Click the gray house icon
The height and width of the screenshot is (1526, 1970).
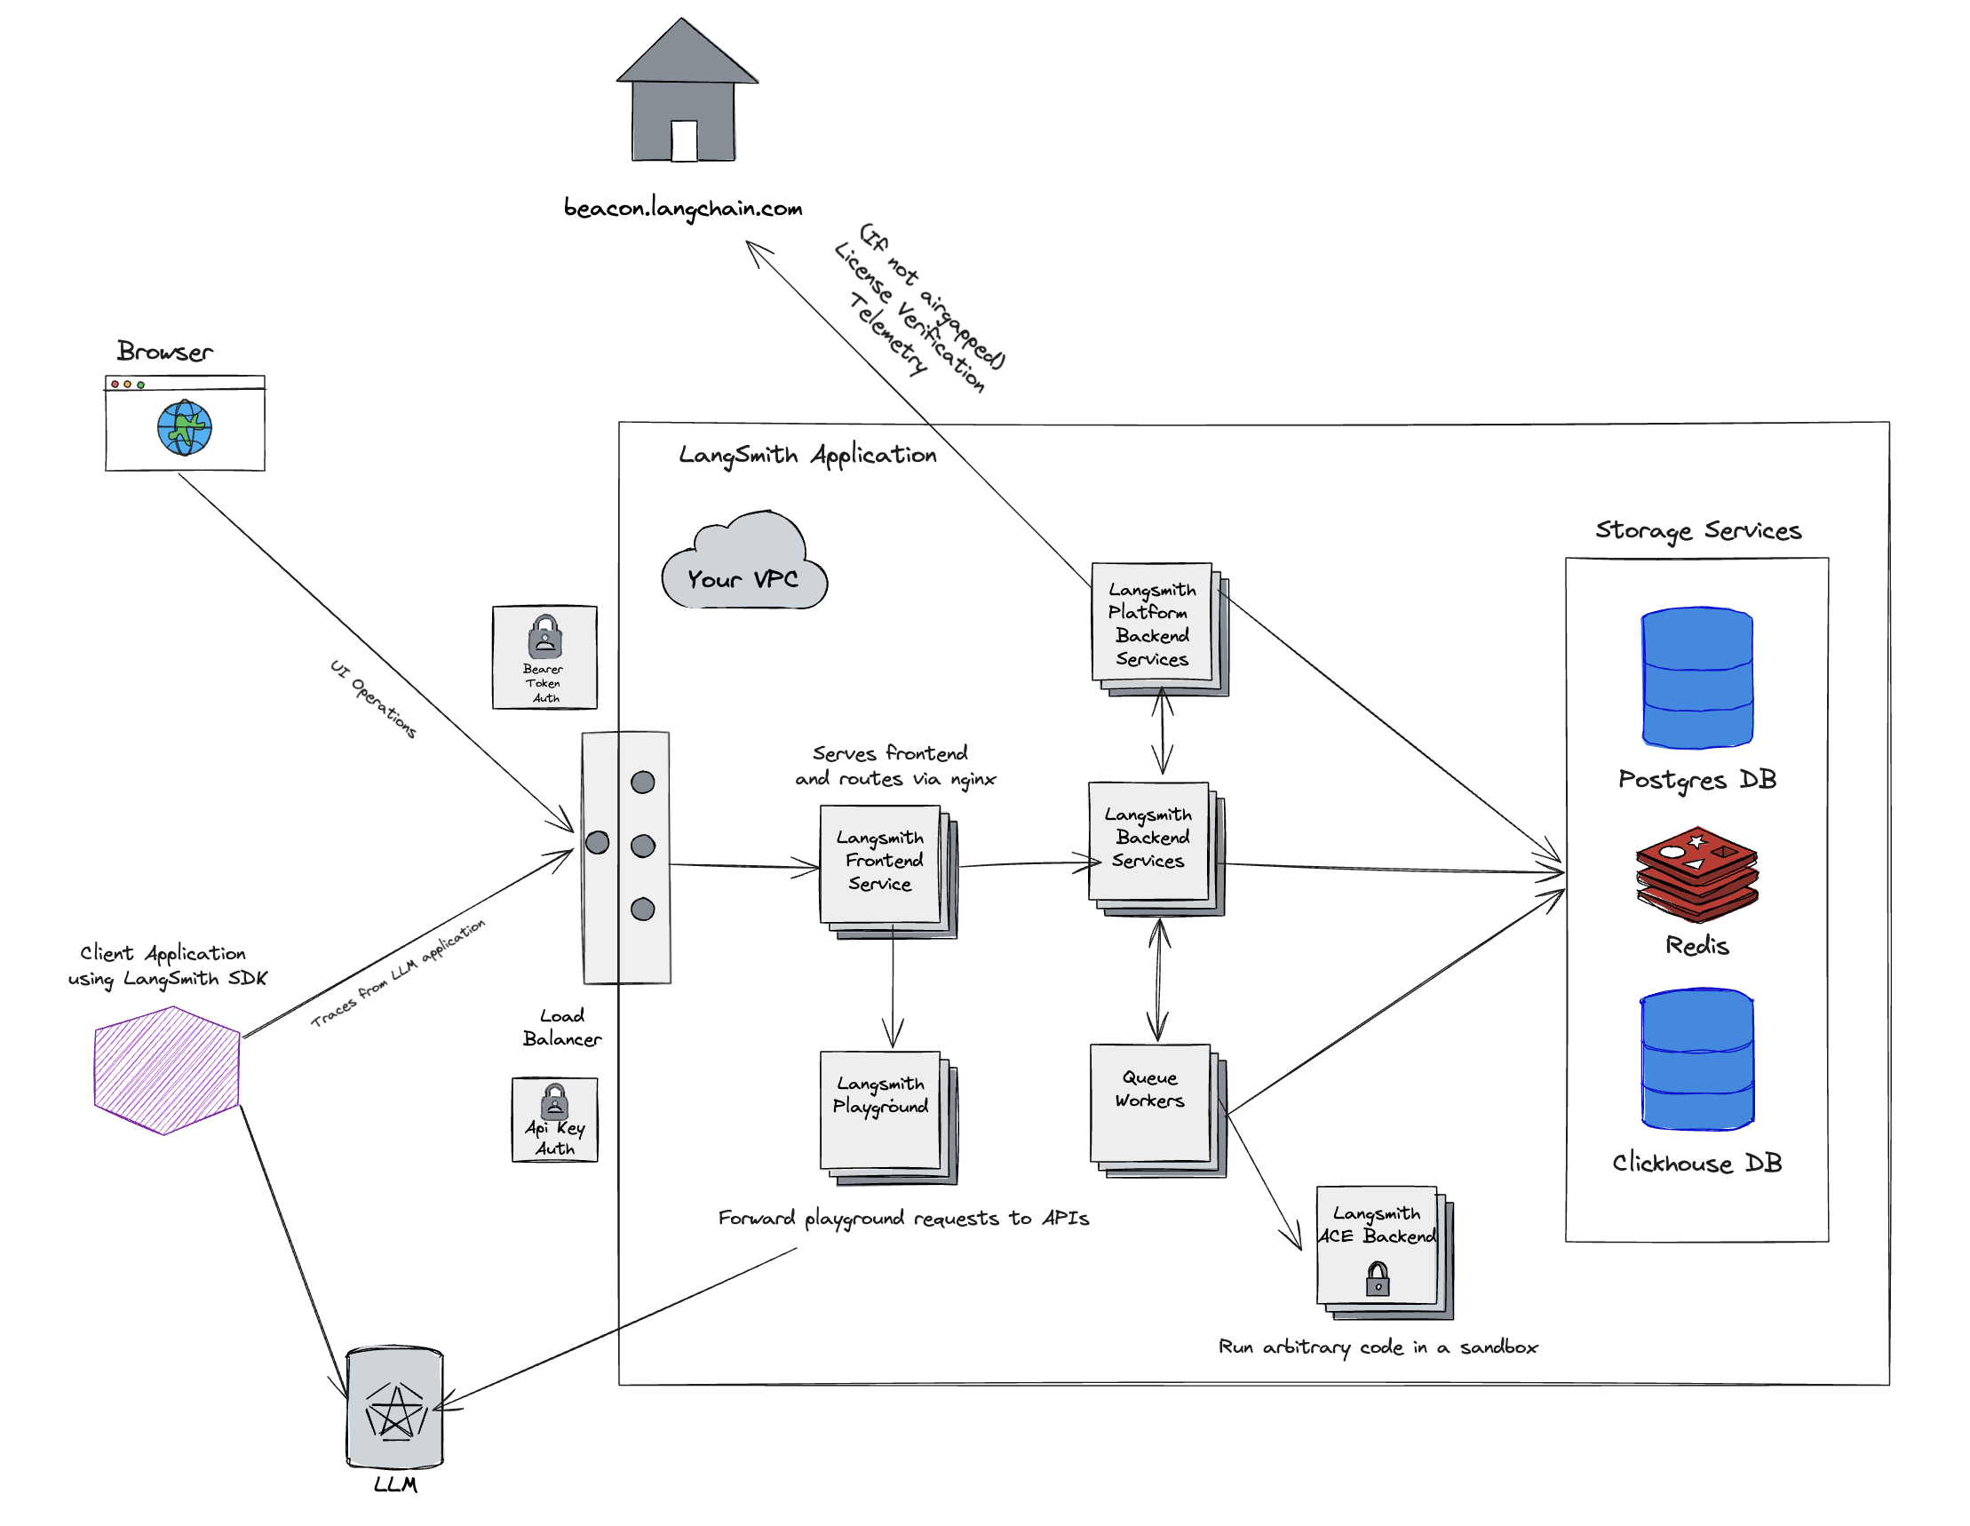(686, 95)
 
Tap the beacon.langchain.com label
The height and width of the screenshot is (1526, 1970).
(683, 209)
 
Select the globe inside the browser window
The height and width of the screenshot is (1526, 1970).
(184, 427)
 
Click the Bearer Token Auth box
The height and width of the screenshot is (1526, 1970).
(544, 656)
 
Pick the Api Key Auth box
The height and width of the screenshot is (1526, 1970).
(554, 1119)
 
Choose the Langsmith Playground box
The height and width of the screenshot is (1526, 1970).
(879, 1109)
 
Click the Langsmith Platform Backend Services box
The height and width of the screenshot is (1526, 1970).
(1151, 623)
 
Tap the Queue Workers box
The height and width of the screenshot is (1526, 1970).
(1149, 1102)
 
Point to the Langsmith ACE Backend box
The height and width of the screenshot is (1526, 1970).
(1377, 1244)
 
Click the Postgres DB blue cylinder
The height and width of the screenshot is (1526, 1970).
(1696, 678)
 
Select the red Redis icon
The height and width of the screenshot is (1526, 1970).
(1696, 873)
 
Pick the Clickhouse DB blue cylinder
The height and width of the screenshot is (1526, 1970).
(1696, 1059)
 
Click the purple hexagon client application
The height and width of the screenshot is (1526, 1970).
(167, 1069)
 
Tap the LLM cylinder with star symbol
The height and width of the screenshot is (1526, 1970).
(395, 1407)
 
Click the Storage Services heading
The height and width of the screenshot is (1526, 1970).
(1697, 530)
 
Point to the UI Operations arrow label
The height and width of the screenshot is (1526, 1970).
(372, 699)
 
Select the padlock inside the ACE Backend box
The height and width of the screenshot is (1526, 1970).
(1378, 1279)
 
